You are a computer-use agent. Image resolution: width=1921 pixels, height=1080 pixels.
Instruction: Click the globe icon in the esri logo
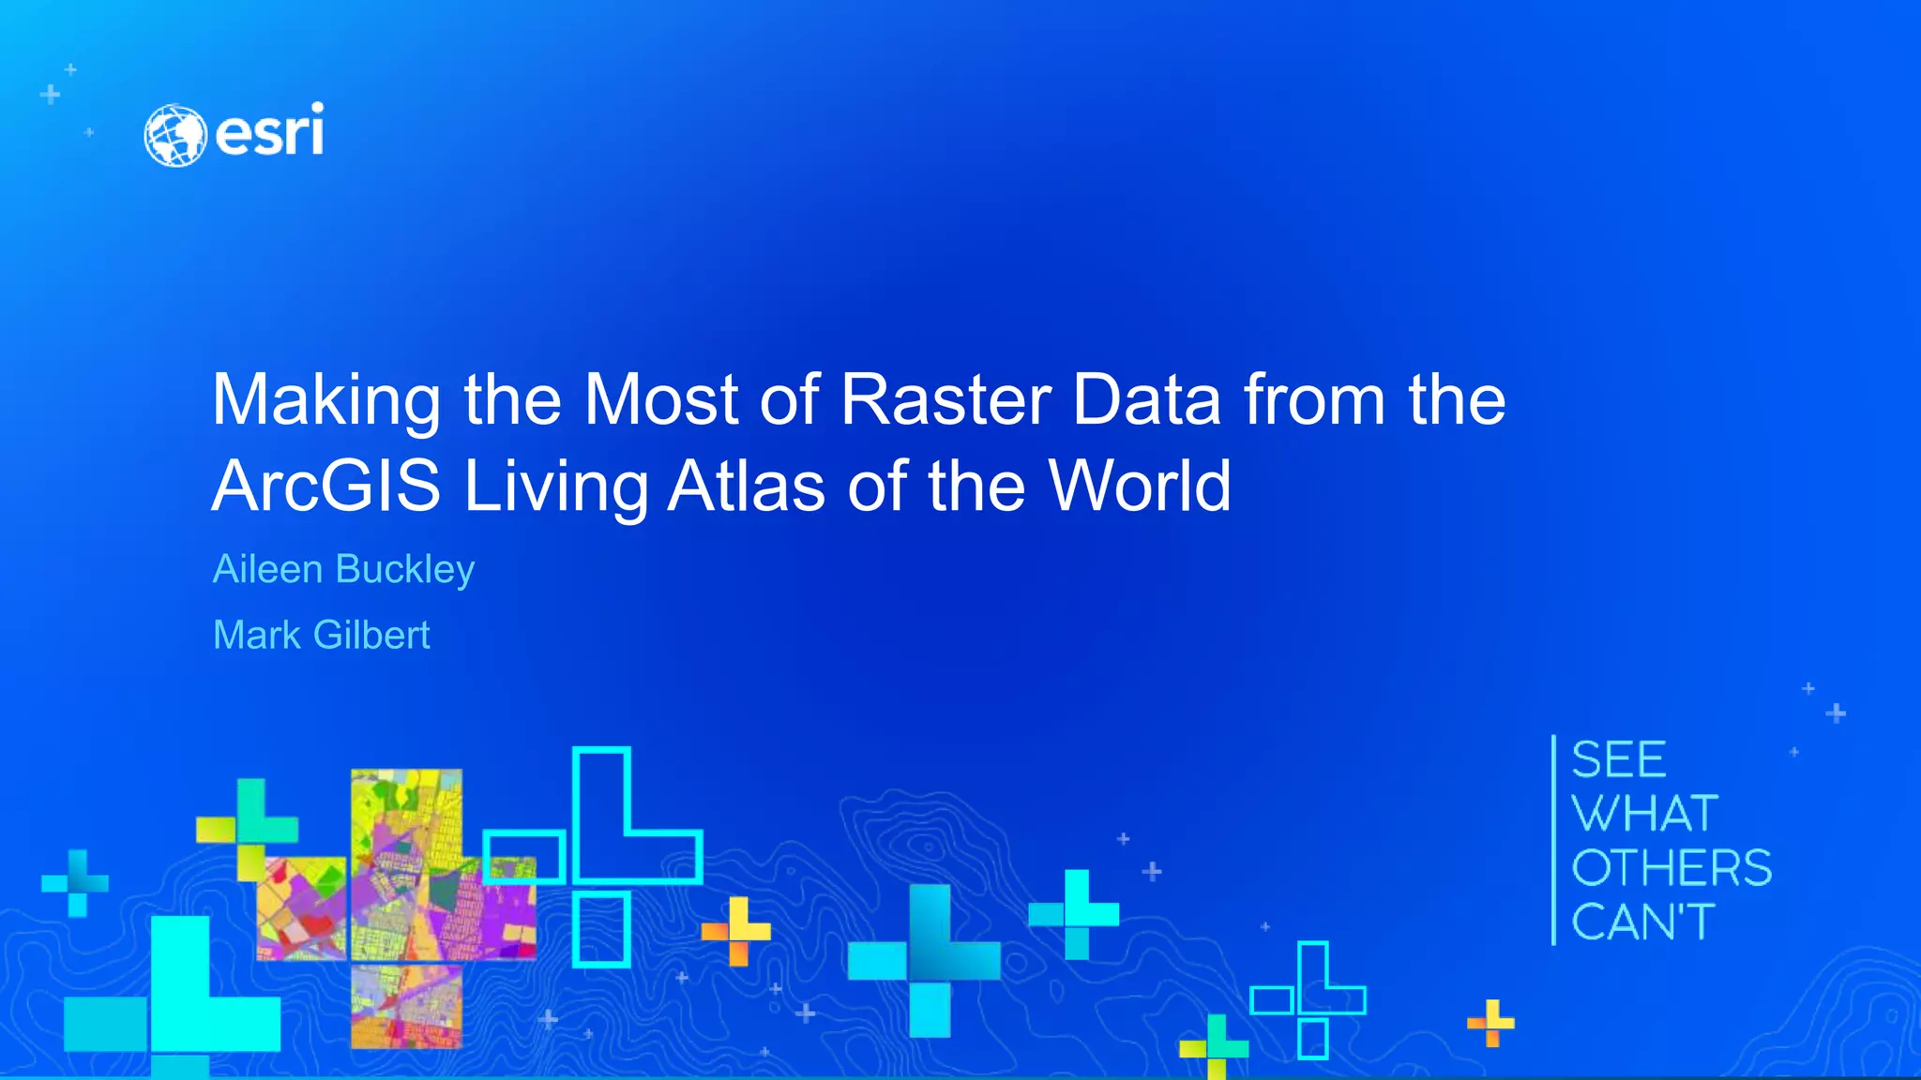(x=174, y=136)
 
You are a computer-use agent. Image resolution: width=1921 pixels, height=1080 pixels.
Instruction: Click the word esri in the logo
(x=270, y=131)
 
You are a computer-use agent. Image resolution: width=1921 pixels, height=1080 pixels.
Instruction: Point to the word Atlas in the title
(x=747, y=486)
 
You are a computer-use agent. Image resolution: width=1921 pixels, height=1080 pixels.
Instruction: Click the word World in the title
(x=1140, y=486)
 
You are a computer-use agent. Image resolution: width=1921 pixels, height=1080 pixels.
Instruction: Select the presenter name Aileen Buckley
(x=343, y=569)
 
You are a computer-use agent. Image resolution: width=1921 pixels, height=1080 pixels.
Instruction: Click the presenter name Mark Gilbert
(x=321, y=635)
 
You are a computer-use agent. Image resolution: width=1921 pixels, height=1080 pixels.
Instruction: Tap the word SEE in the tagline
(x=1619, y=759)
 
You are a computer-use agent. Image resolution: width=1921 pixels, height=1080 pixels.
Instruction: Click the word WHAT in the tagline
(x=1645, y=813)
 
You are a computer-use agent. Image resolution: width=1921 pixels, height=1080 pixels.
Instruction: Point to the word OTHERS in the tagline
(x=1671, y=867)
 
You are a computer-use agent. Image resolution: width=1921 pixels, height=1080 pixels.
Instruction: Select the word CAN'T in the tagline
(x=1643, y=922)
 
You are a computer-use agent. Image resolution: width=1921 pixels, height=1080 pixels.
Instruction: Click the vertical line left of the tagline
(x=1554, y=840)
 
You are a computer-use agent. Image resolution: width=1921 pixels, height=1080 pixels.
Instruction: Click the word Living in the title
(x=555, y=487)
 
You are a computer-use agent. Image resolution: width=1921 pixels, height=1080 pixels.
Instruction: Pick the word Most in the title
(x=661, y=400)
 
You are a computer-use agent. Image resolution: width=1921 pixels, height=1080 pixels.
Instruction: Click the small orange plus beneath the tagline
(x=1490, y=1023)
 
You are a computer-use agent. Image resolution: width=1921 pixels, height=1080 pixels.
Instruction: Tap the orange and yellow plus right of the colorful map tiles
(x=737, y=931)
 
